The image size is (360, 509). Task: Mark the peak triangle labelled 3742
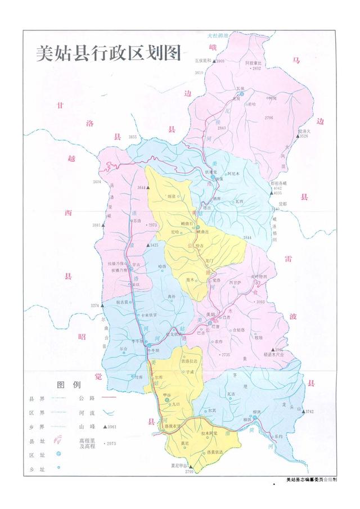[x=303, y=412]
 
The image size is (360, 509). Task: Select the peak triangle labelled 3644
[x=148, y=187]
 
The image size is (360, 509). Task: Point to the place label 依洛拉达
[x=189, y=361]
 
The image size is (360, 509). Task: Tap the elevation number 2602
[x=257, y=68]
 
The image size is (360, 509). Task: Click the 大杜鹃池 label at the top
[x=219, y=35]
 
